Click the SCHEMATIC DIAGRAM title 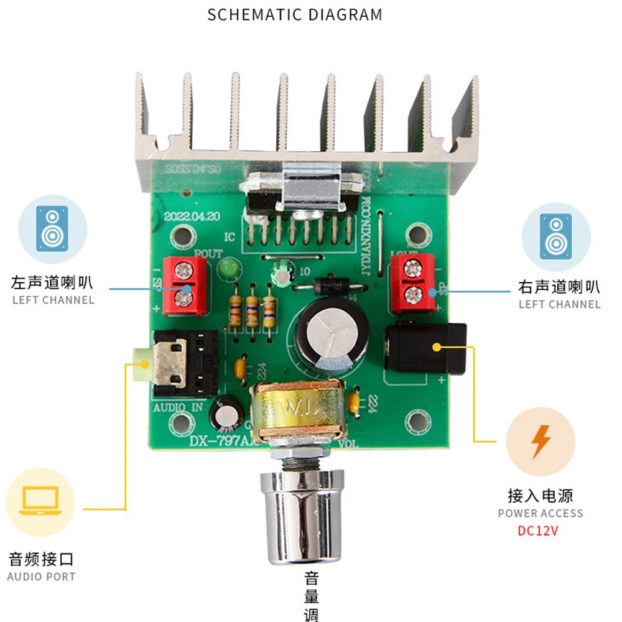[x=295, y=14]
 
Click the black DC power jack [x=425, y=349]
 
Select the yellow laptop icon [x=40, y=502]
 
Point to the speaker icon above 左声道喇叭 [x=52, y=228]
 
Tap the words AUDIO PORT [x=41, y=577]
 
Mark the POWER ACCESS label [x=541, y=514]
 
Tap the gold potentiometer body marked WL [x=297, y=410]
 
